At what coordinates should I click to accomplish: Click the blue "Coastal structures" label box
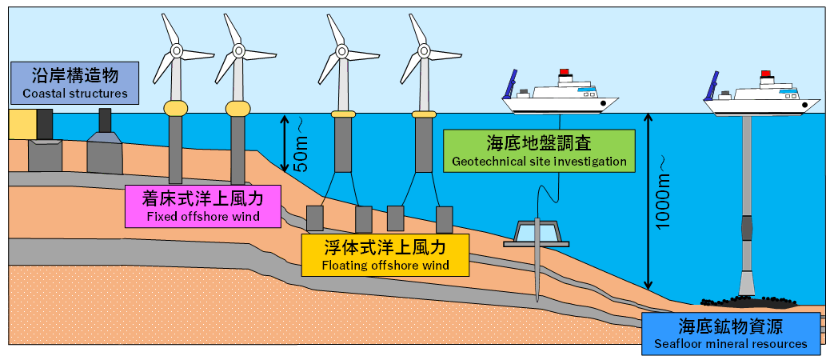75,83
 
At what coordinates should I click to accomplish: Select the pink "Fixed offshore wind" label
204,206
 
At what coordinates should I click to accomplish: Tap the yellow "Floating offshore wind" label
385,254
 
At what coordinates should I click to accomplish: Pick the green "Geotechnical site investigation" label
538,151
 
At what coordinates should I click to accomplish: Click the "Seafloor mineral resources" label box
731,334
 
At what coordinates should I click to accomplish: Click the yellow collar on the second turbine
238,108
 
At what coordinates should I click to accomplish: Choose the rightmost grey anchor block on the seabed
445,218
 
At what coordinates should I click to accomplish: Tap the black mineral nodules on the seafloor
748,302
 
